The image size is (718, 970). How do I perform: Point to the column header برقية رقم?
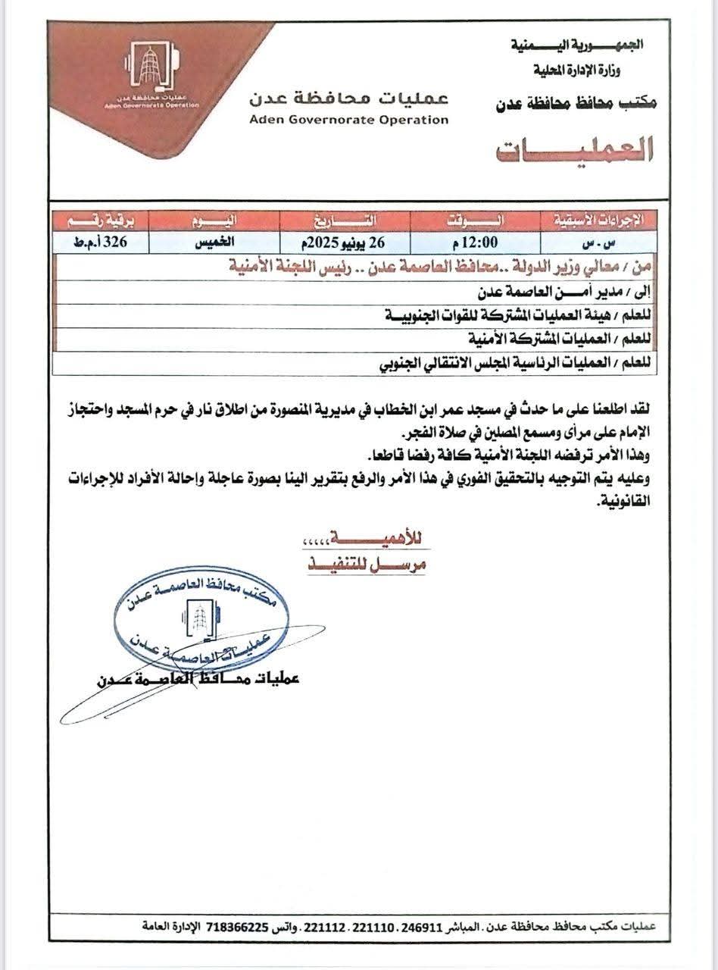coord(99,221)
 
